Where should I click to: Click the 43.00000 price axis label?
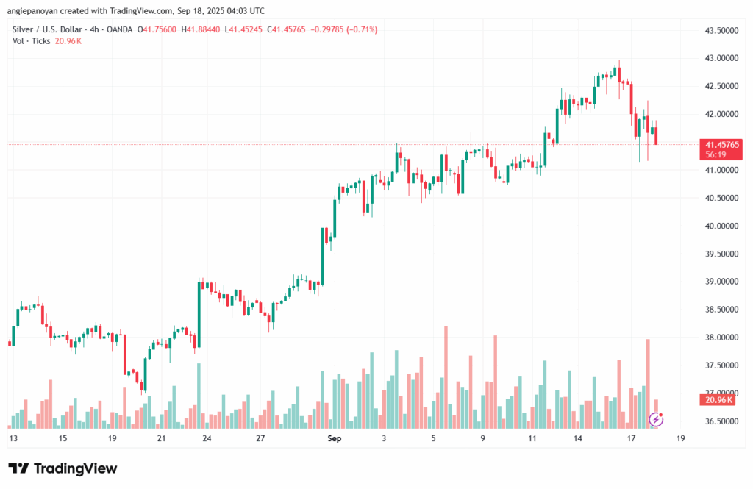(x=721, y=58)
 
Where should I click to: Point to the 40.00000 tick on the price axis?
(x=721, y=226)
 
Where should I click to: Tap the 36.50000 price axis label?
(x=721, y=421)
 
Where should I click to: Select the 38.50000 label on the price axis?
(x=721, y=310)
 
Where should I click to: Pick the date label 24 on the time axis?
(x=207, y=438)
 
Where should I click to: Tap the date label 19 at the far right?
(x=680, y=438)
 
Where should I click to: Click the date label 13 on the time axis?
(x=13, y=438)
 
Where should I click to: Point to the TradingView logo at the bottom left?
(x=63, y=468)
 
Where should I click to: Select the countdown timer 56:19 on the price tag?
(x=715, y=155)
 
